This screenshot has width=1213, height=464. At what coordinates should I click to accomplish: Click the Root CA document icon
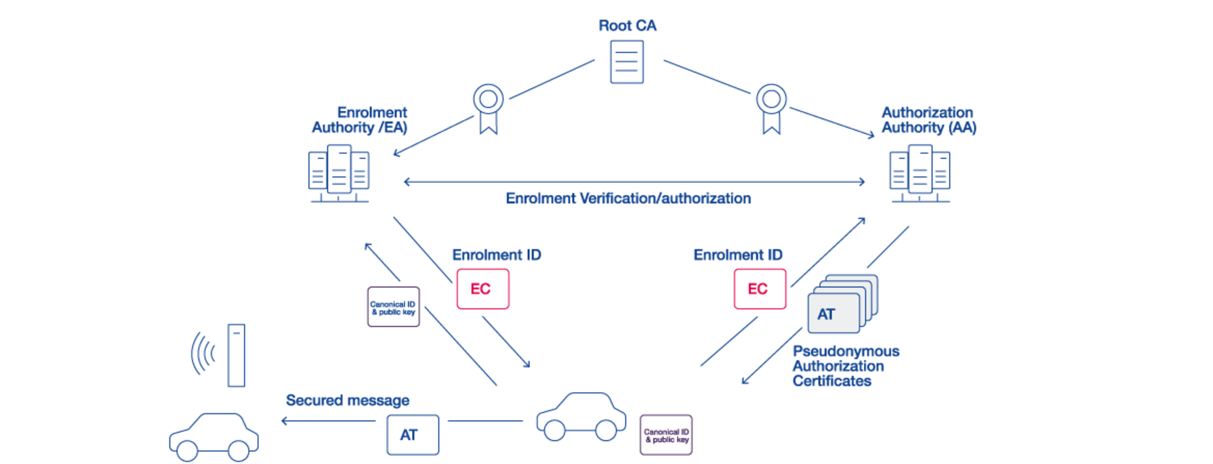(x=626, y=62)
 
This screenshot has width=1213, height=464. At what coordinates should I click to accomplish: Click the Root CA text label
(x=627, y=26)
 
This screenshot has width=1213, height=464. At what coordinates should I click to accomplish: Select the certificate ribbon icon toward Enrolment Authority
(x=488, y=108)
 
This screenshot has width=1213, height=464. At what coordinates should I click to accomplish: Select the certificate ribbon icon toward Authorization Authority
(x=771, y=108)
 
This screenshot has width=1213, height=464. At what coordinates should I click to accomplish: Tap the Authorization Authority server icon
(x=919, y=174)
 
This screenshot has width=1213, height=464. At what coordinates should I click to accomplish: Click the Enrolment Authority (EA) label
(x=360, y=120)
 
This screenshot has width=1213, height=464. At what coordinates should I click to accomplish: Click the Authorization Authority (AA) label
(x=928, y=120)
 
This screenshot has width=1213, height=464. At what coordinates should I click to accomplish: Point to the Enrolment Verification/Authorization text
(x=628, y=198)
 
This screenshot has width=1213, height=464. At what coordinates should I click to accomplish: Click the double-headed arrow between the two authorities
(x=634, y=182)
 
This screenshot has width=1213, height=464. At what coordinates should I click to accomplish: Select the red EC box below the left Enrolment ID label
(x=482, y=289)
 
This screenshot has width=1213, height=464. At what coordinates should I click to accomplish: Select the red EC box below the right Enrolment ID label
(x=760, y=289)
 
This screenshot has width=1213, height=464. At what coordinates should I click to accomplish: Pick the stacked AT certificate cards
(x=841, y=305)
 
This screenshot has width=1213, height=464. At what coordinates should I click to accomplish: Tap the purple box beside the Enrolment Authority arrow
(x=393, y=308)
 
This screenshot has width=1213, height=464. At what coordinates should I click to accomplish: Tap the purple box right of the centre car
(x=666, y=434)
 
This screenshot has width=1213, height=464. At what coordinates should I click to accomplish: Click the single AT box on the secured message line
(x=412, y=435)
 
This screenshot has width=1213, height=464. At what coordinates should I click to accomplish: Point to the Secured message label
(x=348, y=400)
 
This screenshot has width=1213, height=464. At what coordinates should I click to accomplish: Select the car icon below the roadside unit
(x=213, y=437)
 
